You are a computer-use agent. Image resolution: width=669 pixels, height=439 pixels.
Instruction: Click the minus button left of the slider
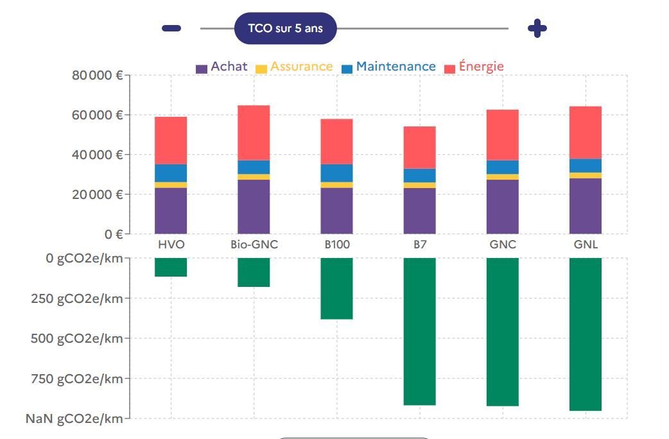[x=171, y=28]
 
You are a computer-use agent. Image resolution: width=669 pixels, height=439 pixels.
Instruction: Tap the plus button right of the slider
[x=537, y=28]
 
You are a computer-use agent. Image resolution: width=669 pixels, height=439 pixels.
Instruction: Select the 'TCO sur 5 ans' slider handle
[x=285, y=29]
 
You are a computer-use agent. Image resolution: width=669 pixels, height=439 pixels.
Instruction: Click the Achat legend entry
[x=222, y=67]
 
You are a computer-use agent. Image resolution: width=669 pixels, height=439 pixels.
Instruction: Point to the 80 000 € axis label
[x=98, y=76]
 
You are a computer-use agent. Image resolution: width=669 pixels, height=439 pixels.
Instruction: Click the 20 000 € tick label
[x=98, y=194]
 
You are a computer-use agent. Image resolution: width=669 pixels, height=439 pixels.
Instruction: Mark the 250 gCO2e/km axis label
[x=76, y=298]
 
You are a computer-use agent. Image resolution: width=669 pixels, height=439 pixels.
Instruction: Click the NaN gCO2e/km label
[x=74, y=419]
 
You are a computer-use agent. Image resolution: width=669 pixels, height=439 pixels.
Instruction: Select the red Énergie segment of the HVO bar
[x=171, y=140]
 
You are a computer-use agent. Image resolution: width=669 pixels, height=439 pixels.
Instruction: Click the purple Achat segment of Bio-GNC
[x=254, y=207]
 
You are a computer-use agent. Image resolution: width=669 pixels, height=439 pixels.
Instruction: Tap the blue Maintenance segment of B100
[x=336, y=173]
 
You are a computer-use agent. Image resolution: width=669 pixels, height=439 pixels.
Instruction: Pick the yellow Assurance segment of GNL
[x=586, y=175]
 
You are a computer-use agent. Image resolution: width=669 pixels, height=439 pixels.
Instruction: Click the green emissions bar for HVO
[x=171, y=268]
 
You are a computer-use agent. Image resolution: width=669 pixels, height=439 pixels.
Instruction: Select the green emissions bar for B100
[x=336, y=288]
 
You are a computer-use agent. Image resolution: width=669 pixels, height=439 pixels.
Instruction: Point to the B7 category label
[x=419, y=245]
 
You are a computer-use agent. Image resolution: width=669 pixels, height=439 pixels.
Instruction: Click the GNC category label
[x=502, y=245]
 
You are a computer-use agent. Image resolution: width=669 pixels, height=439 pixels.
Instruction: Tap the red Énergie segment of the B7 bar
[x=419, y=147]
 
